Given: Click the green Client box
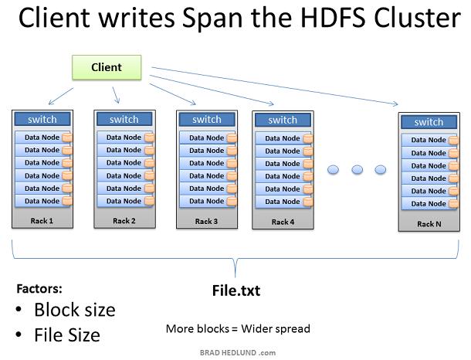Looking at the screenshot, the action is tap(107, 67).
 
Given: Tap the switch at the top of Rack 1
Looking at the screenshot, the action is tap(42, 119).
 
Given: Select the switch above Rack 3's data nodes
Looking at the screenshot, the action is tap(207, 119).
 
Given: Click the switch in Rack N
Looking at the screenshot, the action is tap(429, 122).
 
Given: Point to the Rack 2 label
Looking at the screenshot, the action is tap(124, 221).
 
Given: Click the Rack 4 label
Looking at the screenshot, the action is tap(283, 222).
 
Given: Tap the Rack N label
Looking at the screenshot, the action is tap(429, 224).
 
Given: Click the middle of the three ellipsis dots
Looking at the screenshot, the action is tap(357, 169).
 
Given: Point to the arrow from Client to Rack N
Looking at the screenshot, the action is tap(275, 86).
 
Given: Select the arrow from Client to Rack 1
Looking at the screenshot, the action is tap(61, 96).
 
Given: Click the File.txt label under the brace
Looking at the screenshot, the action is tap(236, 290).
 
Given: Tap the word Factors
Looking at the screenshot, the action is tap(39, 288).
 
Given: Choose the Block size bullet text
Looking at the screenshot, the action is tap(75, 310).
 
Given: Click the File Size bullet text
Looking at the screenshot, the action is tap(67, 335).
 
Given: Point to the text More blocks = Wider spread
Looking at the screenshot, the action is tap(238, 329).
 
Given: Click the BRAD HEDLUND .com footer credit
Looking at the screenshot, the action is tap(238, 353).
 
